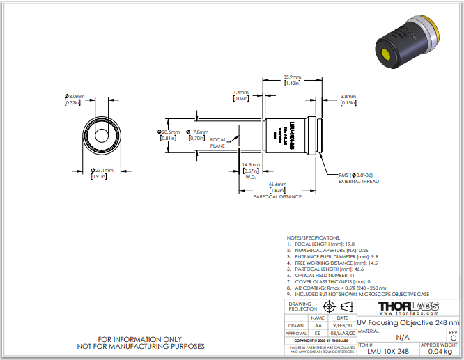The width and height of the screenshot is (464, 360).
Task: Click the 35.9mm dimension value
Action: (292, 77)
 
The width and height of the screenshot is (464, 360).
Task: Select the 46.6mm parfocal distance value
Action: (277, 184)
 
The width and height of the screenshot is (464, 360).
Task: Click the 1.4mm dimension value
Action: (241, 93)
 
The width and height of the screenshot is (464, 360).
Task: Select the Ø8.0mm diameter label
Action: (75, 96)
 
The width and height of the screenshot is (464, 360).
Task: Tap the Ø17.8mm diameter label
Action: (199, 132)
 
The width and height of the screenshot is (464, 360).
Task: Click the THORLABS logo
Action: (409, 306)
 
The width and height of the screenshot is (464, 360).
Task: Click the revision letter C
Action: (453, 338)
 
